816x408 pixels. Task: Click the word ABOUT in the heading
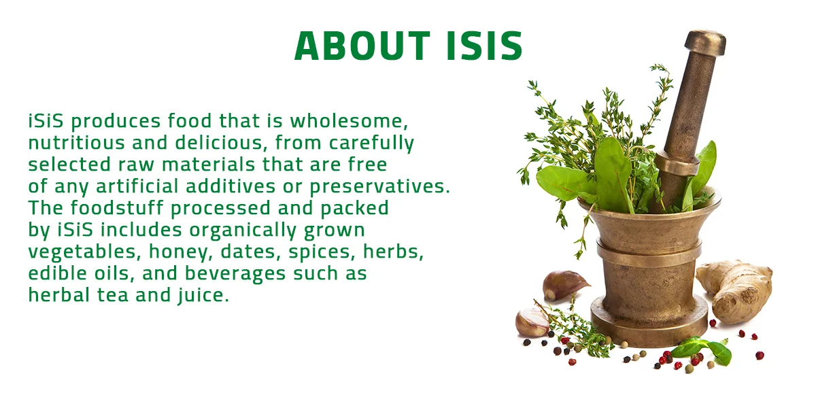[362, 46]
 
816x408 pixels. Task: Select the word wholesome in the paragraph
[349, 120]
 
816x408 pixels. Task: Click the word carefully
[371, 143]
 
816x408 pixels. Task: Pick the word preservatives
[379, 187]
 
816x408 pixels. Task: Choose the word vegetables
[84, 252]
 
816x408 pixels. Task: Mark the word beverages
[235, 274]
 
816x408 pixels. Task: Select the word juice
[203, 295]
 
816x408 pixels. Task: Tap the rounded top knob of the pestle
[706, 43]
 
